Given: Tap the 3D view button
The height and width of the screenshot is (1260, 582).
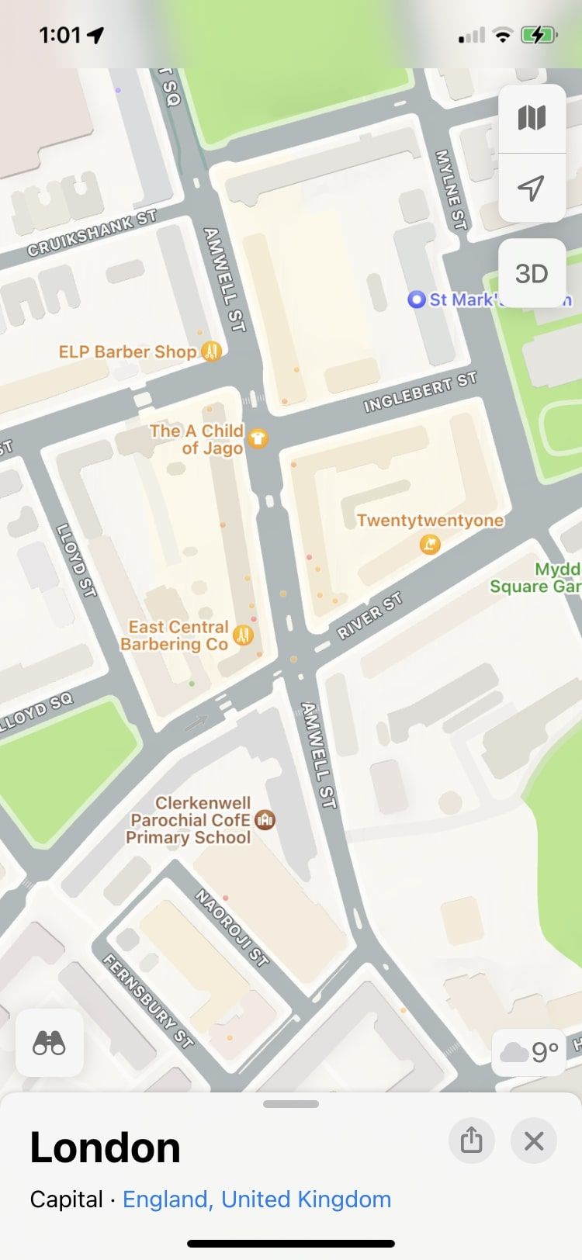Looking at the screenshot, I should point(532,274).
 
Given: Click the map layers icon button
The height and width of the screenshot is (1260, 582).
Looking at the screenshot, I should point(532,118).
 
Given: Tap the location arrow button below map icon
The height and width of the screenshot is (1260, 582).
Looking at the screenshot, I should point(531,188).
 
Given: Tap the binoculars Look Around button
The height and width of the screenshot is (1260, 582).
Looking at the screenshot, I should point(49,1044).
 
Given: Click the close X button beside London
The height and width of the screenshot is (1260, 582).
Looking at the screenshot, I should point(534,1141).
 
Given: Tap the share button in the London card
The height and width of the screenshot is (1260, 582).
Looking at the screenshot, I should point(471,1141).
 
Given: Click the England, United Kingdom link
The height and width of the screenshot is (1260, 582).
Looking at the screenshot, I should point(257,1199).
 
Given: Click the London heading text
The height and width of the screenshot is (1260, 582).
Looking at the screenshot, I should point(105,1147).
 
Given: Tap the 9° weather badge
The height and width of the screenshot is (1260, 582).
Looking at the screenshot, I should point(531,1052).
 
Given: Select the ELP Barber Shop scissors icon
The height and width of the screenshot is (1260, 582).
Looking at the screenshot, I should point(212,351).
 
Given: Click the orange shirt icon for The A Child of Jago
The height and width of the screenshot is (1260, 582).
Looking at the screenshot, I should point(258,439).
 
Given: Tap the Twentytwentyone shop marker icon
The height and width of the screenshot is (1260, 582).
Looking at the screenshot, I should point(429,545).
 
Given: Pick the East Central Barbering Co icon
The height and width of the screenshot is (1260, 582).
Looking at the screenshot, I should point(244,635).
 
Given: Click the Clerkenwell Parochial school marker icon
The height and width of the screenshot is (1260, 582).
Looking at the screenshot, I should point(265,819).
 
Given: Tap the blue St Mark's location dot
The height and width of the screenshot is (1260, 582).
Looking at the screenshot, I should point(417,299).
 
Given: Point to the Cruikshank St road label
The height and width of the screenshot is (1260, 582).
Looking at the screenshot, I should point(92,234).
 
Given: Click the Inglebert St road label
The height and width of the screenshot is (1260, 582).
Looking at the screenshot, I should point(420,393).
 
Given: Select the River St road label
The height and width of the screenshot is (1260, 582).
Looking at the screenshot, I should point(370,616).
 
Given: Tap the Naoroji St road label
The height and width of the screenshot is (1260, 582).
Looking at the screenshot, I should point(231,928).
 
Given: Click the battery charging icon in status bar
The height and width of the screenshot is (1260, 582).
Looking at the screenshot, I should point(538,35).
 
